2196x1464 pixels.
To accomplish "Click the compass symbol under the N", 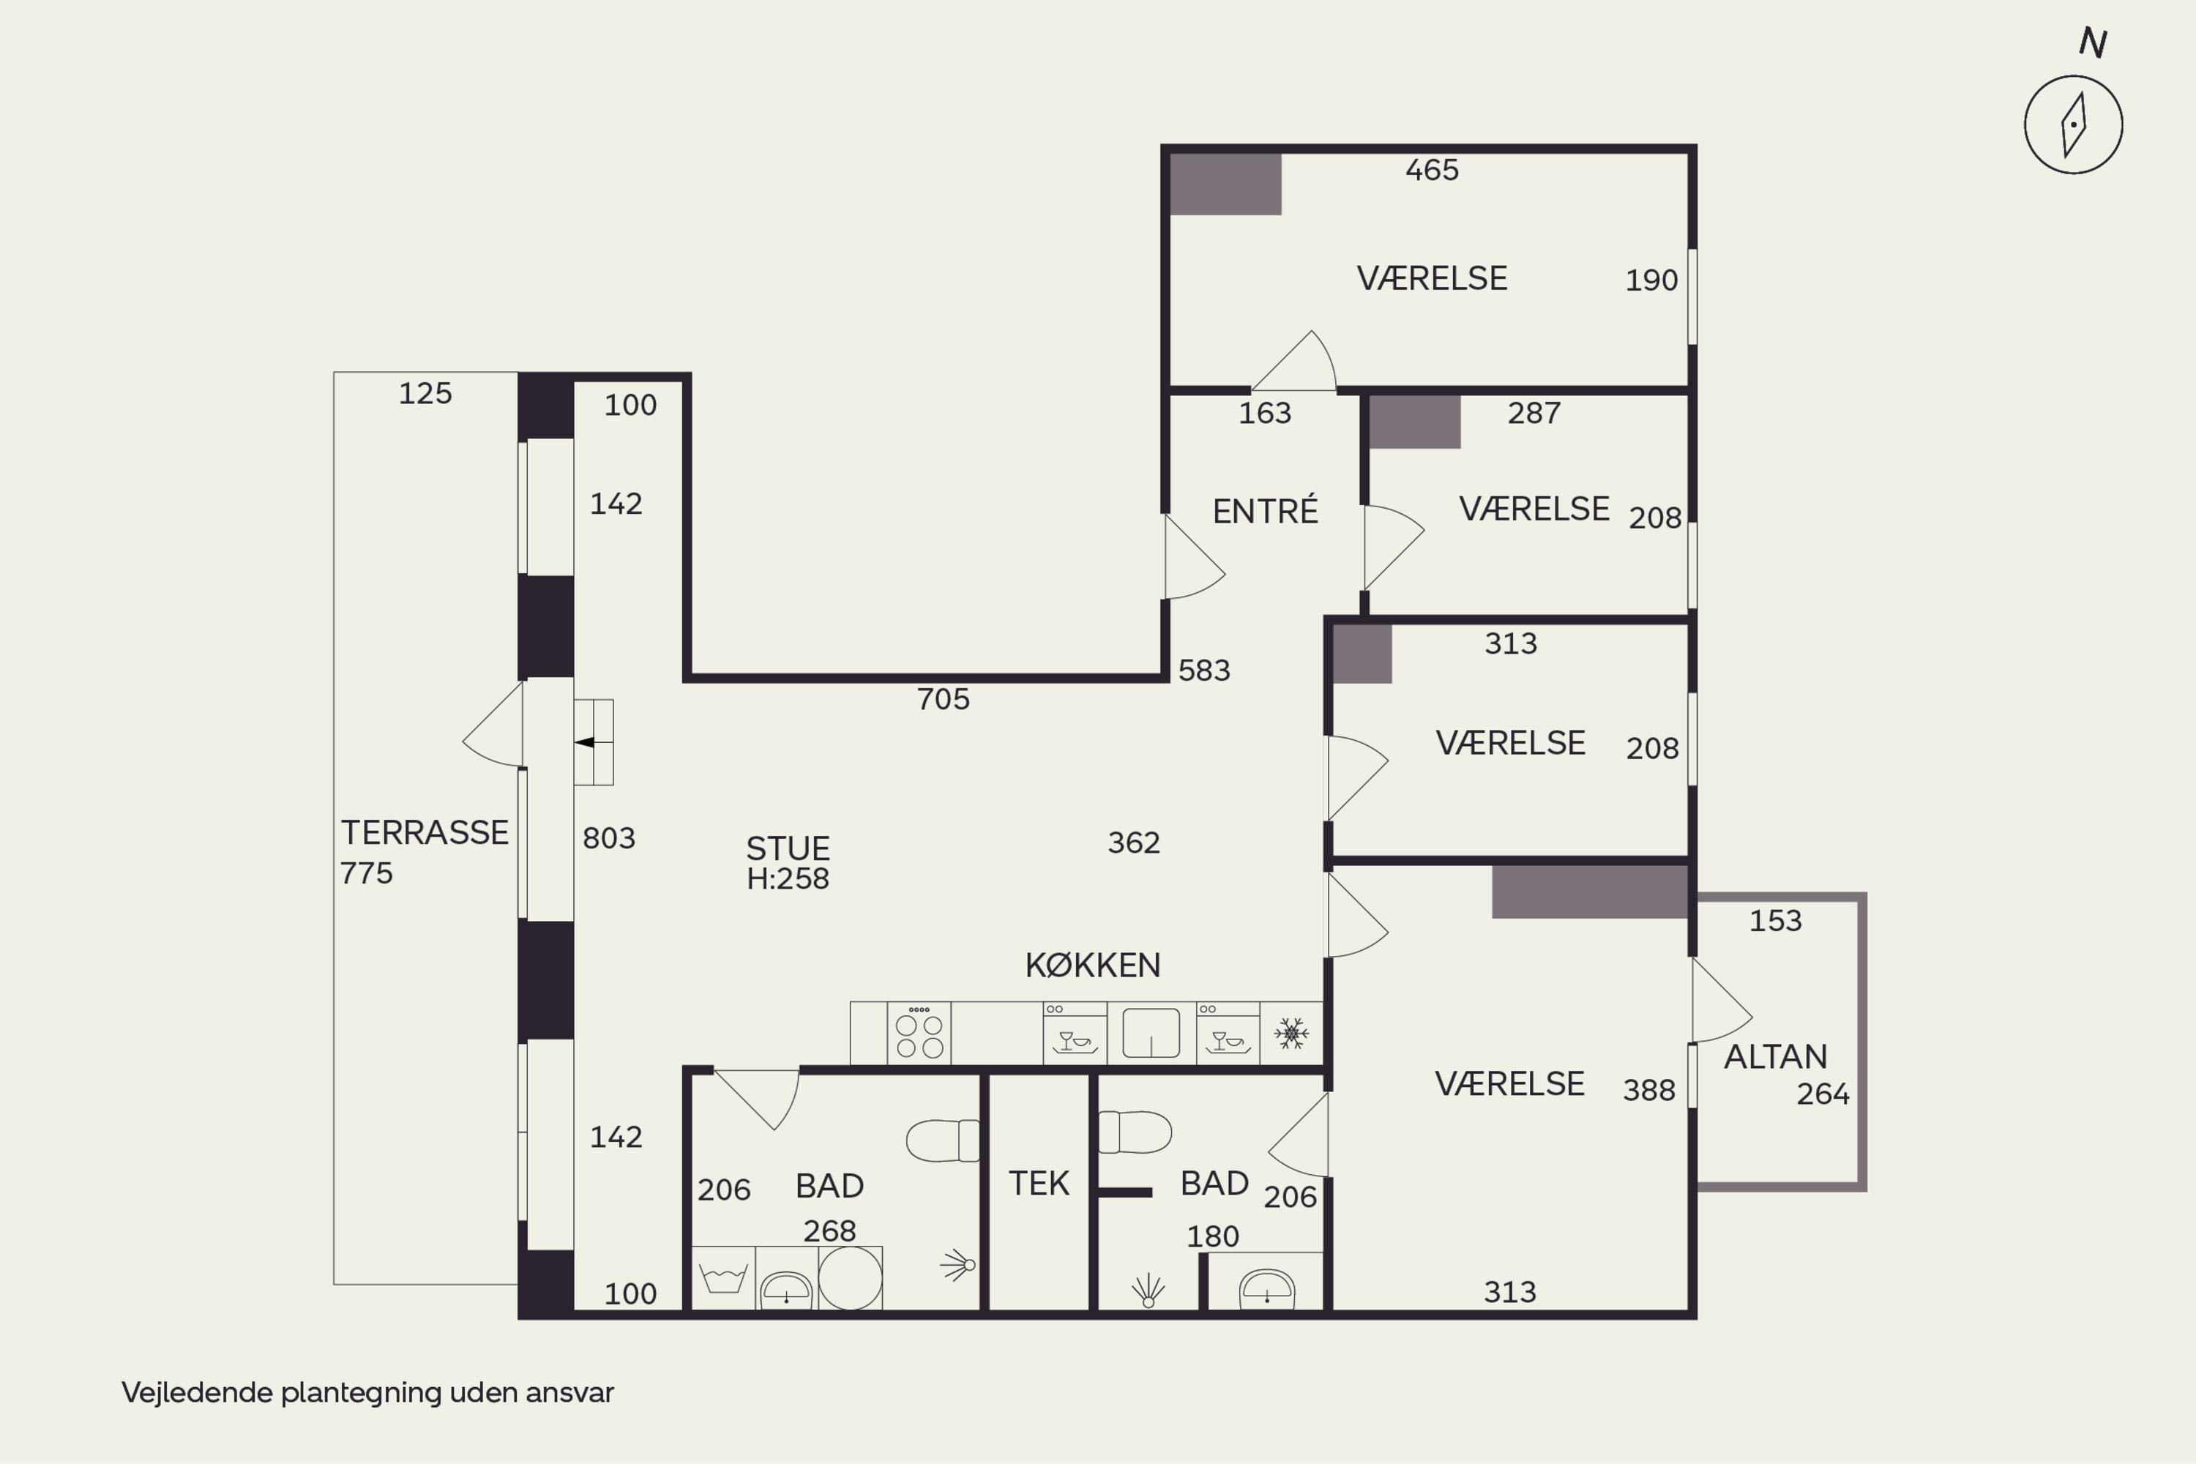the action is click(2073, 124).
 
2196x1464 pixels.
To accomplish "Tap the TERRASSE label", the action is click(425, 832).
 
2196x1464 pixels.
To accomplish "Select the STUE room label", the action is click(788, 848).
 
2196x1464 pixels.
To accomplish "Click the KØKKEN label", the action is click(1092, 965).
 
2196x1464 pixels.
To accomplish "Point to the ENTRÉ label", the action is click(1265, 511).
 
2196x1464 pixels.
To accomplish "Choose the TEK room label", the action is click(1038, 1183).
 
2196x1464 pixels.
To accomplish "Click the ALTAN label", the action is click(1775, 1056).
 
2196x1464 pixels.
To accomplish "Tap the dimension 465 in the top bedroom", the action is click(1431, 170).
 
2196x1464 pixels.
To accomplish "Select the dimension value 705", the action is click(943, 699).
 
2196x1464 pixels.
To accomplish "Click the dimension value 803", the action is click(609, 838).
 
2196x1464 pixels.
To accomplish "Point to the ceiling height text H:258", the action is click(788, 878).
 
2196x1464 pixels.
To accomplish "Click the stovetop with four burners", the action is click(919, 1033).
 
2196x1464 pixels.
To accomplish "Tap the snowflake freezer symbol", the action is click(1291, 1033).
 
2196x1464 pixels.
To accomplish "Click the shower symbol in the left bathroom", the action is click(958, 1265).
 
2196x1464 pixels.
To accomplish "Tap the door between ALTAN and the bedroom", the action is click(1722, 1000).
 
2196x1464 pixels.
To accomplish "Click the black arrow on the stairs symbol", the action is click(584, 742).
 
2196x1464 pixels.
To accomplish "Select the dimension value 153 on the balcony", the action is click(1775, 921).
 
